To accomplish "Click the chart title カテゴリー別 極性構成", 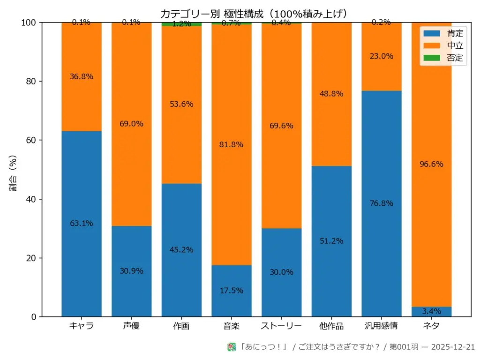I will pos(254,13).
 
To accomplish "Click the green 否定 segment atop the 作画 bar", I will pos(181,24).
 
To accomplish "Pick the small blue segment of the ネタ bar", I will pos(432,312).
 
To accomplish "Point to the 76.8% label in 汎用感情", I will pos(381,203).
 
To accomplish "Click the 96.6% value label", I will pos(432,164).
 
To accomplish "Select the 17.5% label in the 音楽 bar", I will pos(232,291).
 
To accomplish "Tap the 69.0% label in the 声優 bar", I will pos(131,124).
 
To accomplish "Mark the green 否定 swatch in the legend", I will pos(432,58).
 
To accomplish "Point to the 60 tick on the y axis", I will pos(30,140).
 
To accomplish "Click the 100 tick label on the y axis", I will pos(29,22).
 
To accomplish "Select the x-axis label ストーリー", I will pos(281,326).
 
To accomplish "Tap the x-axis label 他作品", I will pos(331,326).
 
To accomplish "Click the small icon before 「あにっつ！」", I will pos(232,347).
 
